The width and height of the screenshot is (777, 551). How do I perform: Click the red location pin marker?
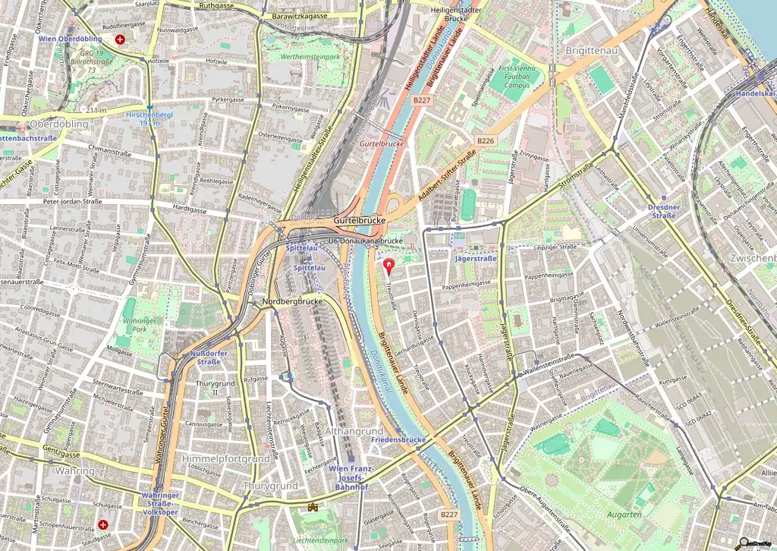point(389,266)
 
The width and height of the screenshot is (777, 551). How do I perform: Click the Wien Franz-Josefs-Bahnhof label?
point(348,477)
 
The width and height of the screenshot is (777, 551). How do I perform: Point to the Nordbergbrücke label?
point(292,301)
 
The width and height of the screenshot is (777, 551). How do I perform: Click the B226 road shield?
point(486,140)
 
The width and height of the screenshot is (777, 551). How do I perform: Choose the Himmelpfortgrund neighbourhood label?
point(225,459)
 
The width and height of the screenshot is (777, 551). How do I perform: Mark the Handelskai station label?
point(754,93)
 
